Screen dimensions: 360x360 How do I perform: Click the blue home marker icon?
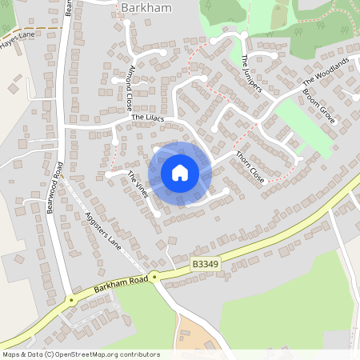pyautogui.click(x=180, y=173)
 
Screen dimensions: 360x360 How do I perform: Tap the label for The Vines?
pyautogui.click(x=138, y=185)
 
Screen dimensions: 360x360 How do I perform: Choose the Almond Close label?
pyautogui.click(x=130, y=87)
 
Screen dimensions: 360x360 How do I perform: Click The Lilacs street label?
pyautogui.click(x=147, y=118)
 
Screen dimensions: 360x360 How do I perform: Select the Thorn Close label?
pyautogui.click(x=249, y=166)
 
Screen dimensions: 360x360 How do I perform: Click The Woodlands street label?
pyautogui.click(x=326, y=73)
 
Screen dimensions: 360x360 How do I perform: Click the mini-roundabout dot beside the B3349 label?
pyautogui.click(x=155, y=276)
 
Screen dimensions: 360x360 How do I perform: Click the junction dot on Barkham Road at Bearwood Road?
pyautogui.click(x=71, y=300)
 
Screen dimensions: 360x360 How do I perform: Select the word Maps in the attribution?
pyautogui.click(x=13, y=354)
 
